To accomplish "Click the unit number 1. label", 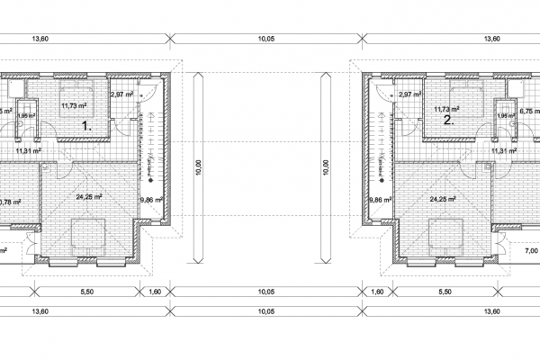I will pyautogui.click(x=88, y=126).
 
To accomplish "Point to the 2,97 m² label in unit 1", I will pyautogui.click(x=121, y=94).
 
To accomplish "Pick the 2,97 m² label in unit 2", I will pyautogui.click(x=410, y=94).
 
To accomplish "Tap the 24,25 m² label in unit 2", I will pyautogui.click(x=443, y=200).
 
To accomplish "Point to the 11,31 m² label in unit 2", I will pyautogui.click(x=504, y=151).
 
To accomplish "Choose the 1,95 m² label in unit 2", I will pyautogui.click(x=506, y=116).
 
